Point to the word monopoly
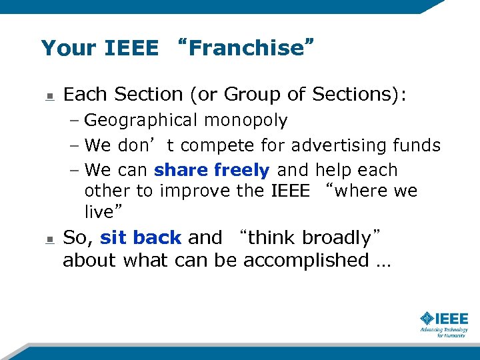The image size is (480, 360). [246, 121]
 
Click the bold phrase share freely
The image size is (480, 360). [211, 170]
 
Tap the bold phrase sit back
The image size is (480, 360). [141, 237]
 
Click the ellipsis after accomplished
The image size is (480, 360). [383, 261]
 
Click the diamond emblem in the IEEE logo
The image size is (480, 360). [427, 318]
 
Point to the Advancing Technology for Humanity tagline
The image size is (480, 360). [443, 332]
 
